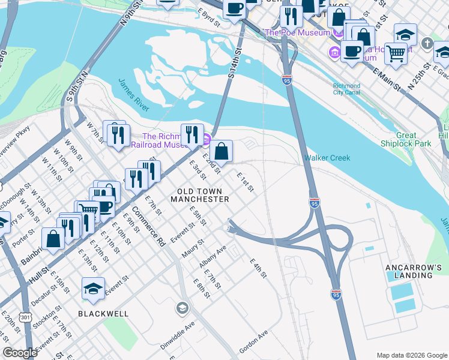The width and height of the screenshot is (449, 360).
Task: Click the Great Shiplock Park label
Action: coord(406,139)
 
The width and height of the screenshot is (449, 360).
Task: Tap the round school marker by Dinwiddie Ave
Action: coord(182,308)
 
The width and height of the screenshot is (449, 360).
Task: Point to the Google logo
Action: coord(19,353)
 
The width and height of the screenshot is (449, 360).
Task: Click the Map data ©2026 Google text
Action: coord(412,355)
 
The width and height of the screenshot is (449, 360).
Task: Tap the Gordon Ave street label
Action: coord(253,341)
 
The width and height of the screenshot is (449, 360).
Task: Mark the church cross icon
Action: coord(426,43)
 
